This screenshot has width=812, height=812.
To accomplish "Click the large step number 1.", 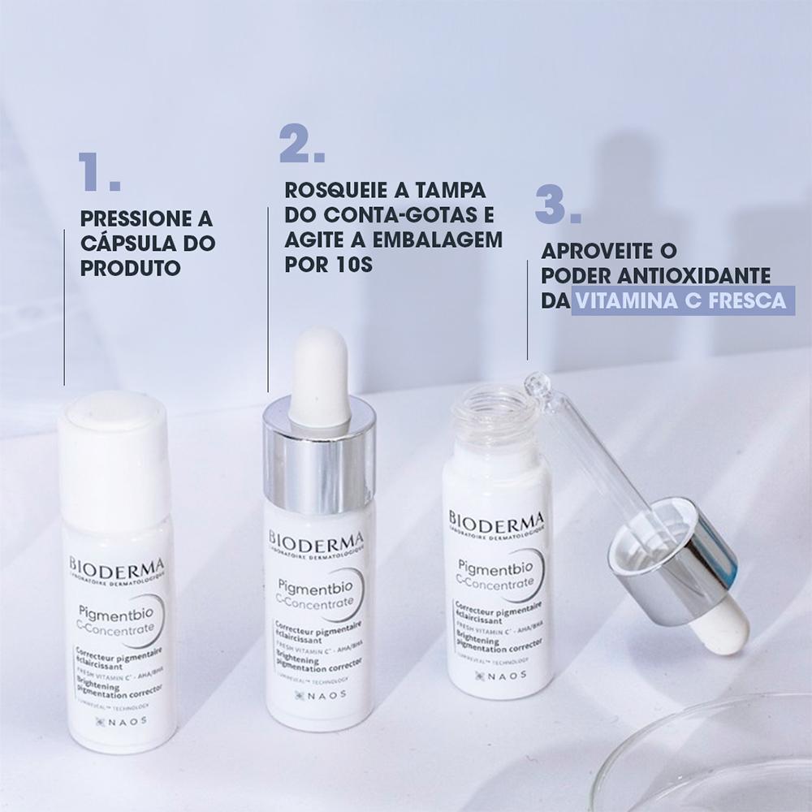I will click(x=99, y=172).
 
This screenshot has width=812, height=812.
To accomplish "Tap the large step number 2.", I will click(x=301, y=144).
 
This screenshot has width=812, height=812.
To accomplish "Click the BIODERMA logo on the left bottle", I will click(x=117, y=565).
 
